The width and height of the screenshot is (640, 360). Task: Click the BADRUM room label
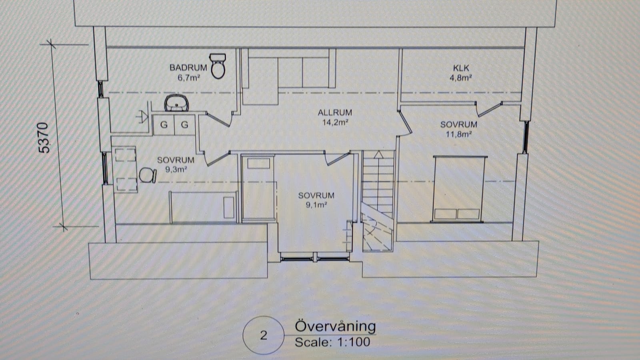[x=188, y=68]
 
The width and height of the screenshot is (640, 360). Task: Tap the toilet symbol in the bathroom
[x=218, y=66]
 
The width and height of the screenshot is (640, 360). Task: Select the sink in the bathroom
[x=176, y=103]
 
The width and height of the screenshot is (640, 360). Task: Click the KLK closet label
[x=461, y=68]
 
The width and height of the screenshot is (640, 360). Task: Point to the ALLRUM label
[x=335, y=112]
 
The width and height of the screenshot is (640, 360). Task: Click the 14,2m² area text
[x=335, y=122]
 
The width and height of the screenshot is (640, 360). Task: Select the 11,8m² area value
[x=458, y=134]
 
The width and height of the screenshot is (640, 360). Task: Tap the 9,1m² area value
[x=316, y=205]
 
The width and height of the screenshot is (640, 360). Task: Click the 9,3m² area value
[x=176, y=170]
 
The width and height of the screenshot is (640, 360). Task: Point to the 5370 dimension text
[x=44, y=138]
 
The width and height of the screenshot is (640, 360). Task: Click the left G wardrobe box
[x=164, y=124]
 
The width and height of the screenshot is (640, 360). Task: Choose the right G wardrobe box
[x=185, y=124]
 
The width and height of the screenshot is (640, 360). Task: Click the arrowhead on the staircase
[x=378, y=154]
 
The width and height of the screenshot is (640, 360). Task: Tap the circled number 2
[x=264, y=335]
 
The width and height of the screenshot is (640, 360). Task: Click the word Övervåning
[x=335, y=326]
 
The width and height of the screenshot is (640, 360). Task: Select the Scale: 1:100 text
[x=332, y=342]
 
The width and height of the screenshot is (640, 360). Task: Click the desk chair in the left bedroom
[x=148, y=176]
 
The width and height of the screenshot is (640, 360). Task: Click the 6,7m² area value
[x=188, y=78]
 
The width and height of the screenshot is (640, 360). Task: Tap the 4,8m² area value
[x=460, y=78]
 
